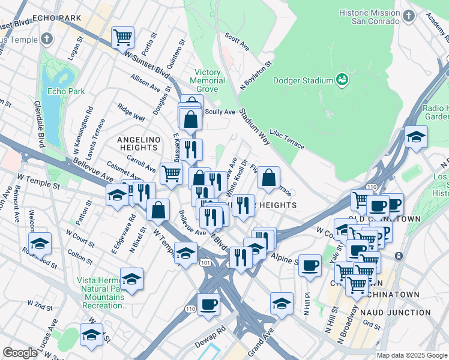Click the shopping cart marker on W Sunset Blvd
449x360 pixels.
click(122, 37)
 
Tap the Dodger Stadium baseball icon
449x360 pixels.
click(342, 80)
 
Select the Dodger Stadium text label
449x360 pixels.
click(303, 81)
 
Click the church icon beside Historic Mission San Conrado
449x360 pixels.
click(408, 16)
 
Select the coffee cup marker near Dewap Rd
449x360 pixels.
click(208, 304)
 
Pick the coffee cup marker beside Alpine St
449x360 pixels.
click(310, 265)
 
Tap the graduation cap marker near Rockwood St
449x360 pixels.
click(40, 243)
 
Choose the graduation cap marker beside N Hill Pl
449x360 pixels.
click(281, 303)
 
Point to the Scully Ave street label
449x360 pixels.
click(220, 112)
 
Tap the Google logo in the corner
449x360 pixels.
click(20, 353)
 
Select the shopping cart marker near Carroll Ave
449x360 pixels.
click(171, 174)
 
